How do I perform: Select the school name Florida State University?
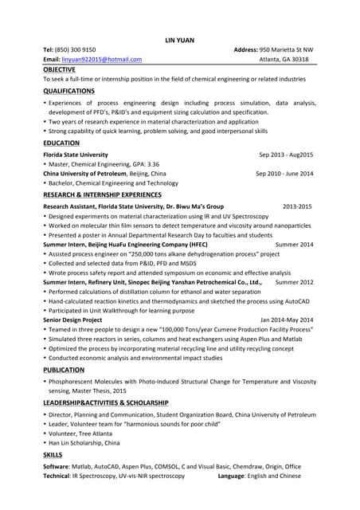click(x=76, y=155)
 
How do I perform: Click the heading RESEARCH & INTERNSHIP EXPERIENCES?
click(x=102, y=194)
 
